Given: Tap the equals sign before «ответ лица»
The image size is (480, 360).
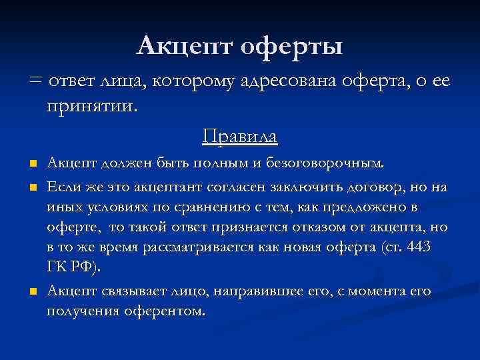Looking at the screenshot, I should pos(35,82).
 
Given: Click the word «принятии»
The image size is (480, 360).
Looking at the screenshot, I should pos(90,107).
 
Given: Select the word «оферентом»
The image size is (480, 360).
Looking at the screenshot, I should pos(168,311).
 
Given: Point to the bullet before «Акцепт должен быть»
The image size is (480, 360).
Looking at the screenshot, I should pos(32,164).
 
